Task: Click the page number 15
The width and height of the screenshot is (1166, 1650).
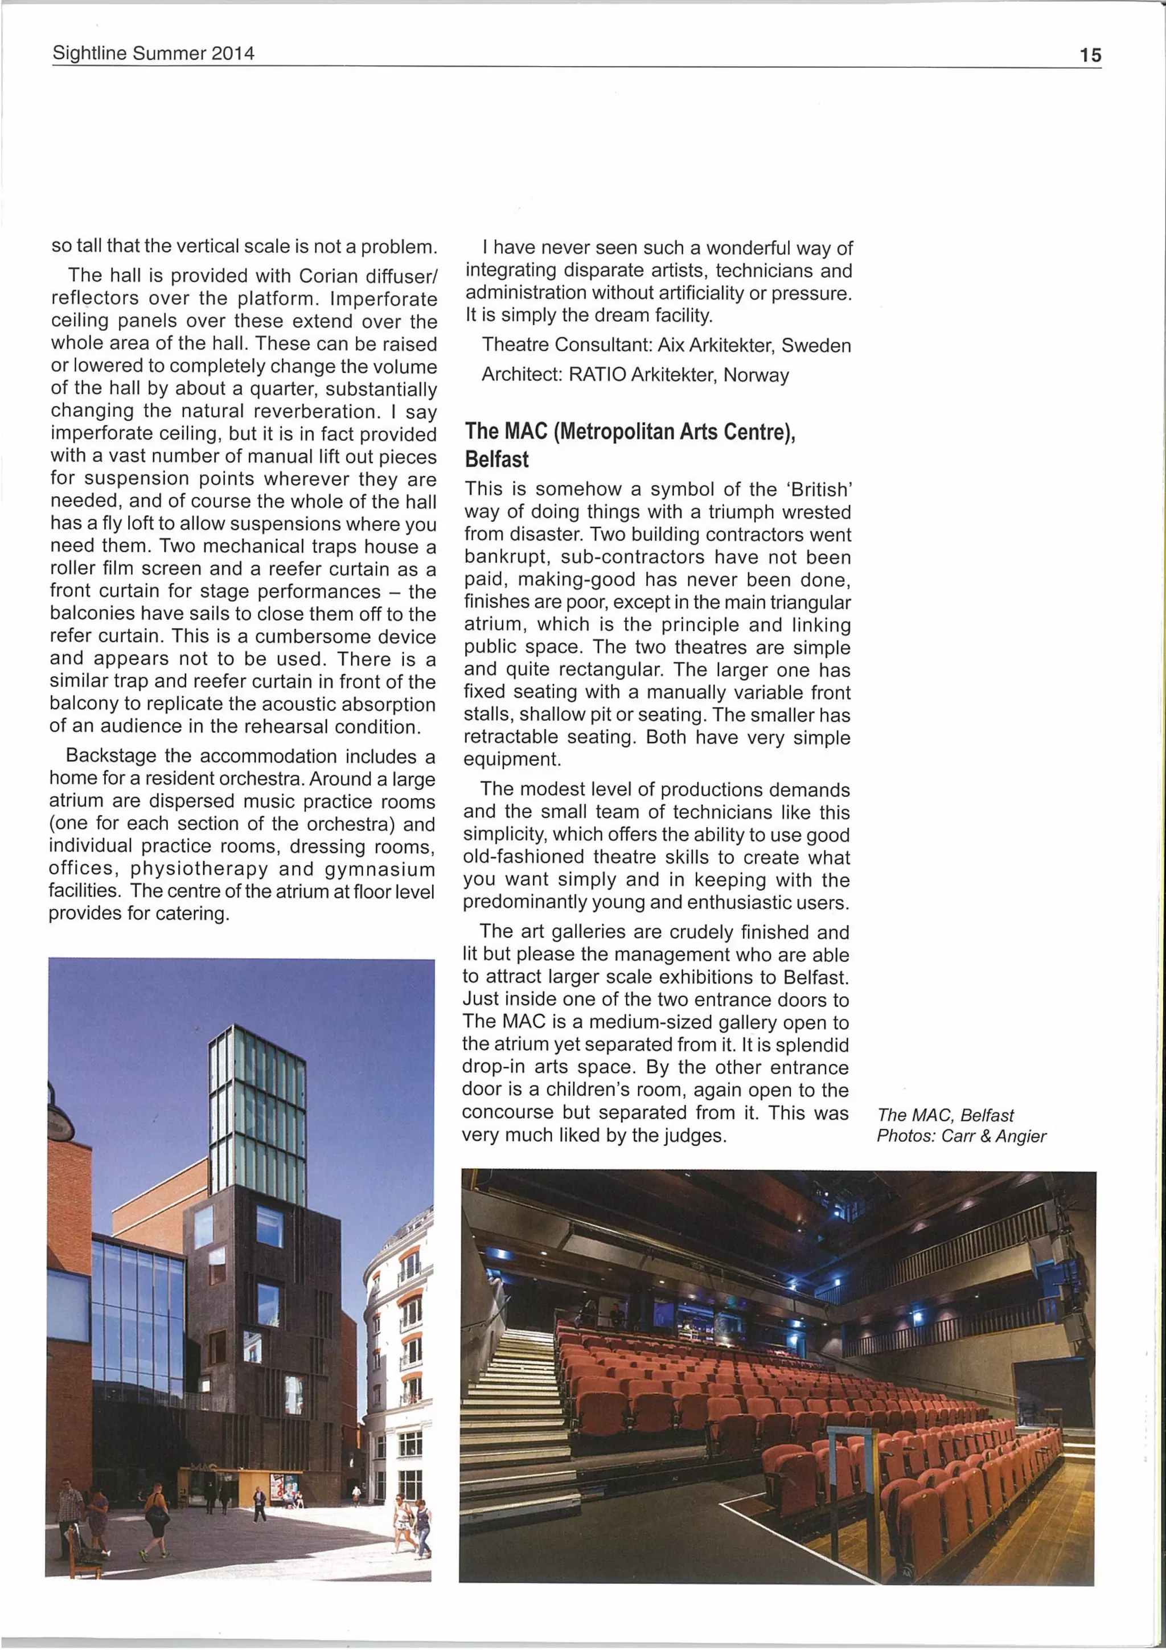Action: tap(1090, 55)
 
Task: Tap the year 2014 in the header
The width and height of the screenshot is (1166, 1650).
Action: tap(233, 53)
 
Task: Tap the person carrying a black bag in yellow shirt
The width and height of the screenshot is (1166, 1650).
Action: tap(156, 1516)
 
